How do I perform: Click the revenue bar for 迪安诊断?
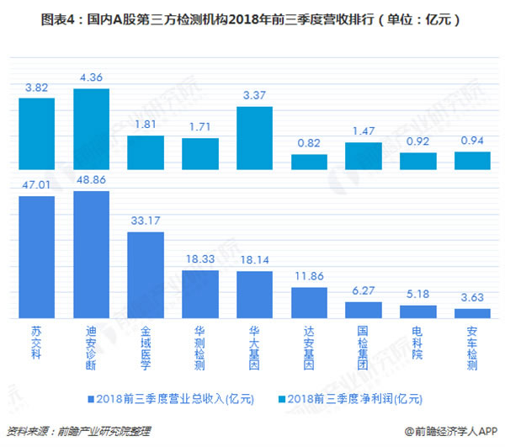[91, 255]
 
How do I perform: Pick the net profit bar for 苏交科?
[37, 134]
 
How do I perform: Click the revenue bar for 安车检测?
[472, 313]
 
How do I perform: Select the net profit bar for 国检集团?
[364, 156]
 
